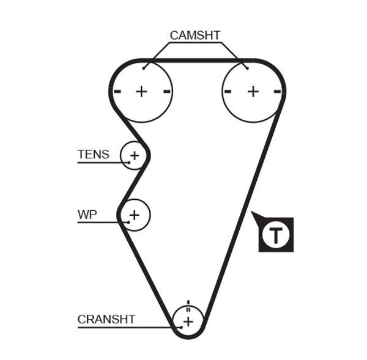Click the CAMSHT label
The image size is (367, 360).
coord(195,35)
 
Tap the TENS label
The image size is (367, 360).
coord(93,154)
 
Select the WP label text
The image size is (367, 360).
coord(87,215)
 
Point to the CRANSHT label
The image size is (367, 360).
coord(106,319)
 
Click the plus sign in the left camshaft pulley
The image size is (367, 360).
coord(142,92)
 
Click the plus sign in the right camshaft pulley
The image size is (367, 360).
coord(253,92)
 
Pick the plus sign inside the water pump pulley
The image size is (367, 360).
coord(135,215)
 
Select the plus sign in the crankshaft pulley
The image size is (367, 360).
coord(188,321)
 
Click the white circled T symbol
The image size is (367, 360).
coord(276,234)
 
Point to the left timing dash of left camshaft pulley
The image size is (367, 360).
coord(118,92)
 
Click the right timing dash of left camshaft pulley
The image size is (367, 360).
coord(166,92)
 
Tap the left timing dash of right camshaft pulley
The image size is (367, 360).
coord(228,92)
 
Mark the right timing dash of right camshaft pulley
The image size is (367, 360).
coord(278,92)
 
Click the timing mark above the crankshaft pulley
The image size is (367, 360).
coord(188,304)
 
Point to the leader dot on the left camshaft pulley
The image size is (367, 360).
coord(144,68)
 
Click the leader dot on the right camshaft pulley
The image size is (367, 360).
coord(247,68)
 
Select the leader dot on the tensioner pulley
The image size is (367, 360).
coord(129,162)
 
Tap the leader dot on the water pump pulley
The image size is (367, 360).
coord(128,222)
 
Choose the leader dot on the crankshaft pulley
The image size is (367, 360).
coord(181,327)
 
